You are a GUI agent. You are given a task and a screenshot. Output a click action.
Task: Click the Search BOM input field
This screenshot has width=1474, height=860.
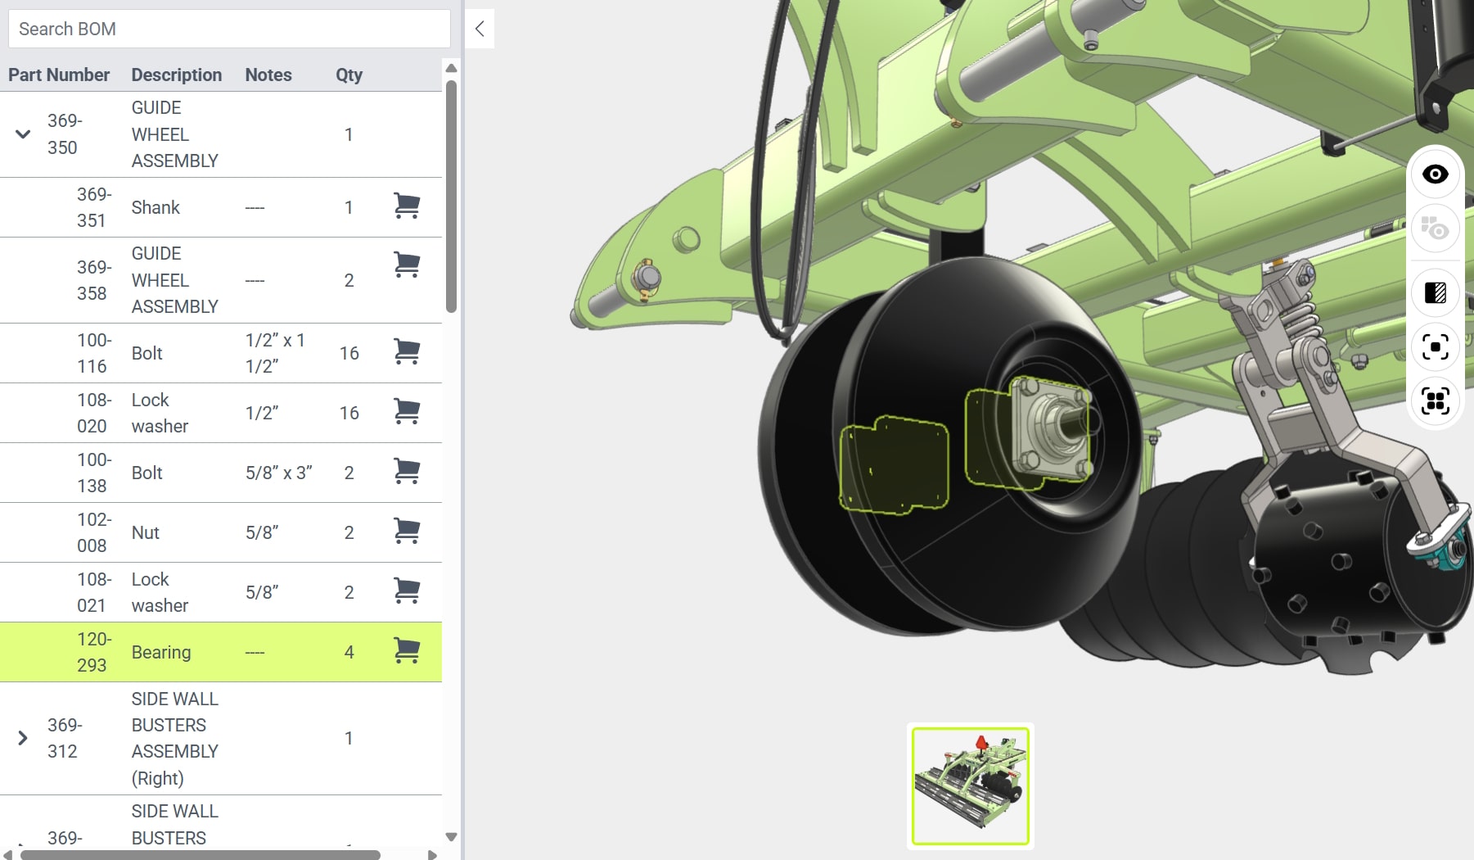pyautogui.click(x=229, y=29)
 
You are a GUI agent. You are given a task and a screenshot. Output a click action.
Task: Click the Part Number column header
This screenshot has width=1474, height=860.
pyautogui.click(x=59, y=75)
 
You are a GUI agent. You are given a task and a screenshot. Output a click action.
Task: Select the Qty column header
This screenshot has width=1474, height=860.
pyautogui.click(x=349, y=75)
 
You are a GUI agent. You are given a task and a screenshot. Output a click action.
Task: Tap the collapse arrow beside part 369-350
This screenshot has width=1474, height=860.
pyautogui.click(x=23, y=134)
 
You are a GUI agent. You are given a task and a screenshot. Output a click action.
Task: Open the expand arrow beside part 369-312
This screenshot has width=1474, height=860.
pyautogui.click(x=23, y=738)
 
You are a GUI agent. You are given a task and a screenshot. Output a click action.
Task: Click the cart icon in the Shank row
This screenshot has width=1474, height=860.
pyautogui.click(x=407, y=206)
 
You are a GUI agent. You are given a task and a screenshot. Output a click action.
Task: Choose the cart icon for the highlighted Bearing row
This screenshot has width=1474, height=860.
pyautogui.click(x=407, y=651)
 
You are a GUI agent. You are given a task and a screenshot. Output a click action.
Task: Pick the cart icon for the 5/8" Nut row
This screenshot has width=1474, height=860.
pyautogui.click(x=407, y=532)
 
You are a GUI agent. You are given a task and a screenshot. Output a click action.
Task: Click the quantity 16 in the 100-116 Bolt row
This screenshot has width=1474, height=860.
pyautogui.click(x=349, y=353)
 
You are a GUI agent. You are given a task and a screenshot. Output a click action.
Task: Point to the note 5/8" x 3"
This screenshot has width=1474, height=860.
pyautogui.click(x=279, y=473)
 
